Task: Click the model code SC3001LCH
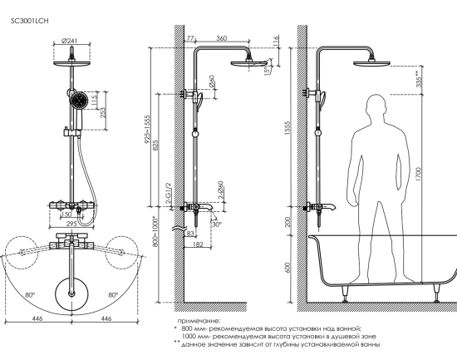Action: [29, 21]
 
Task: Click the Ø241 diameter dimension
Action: [70, 41]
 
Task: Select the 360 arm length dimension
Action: [222, 38]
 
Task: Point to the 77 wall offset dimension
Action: [190, 38]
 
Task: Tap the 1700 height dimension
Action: [419, 174]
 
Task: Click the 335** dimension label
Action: [419, 79]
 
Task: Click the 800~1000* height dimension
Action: [155, 231]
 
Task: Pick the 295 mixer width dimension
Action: [71, 224]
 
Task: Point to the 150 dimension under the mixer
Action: [66, 215]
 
